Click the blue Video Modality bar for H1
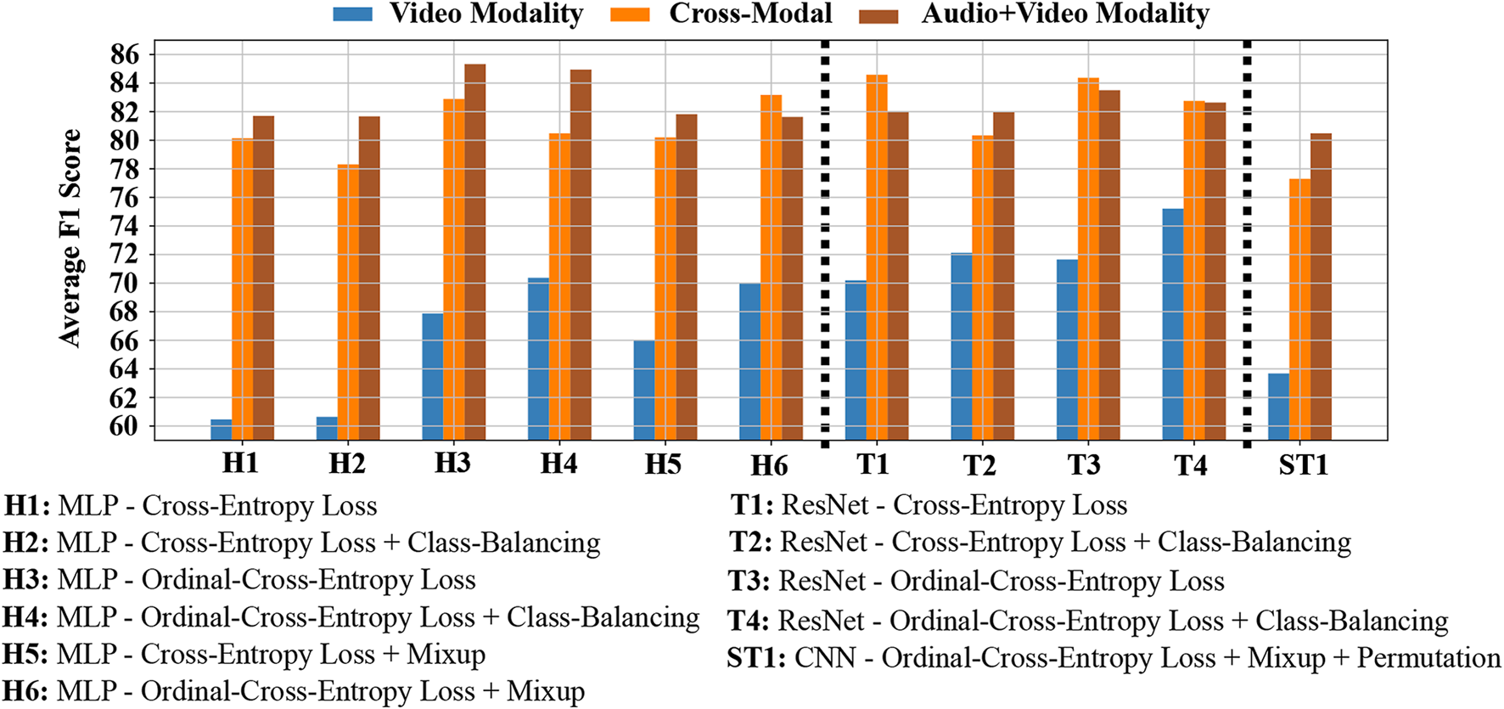(221, 429)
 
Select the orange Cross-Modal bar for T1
(877, 255)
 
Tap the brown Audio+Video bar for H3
(475, 255)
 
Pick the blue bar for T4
(1173, 323)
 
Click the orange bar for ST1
(1299, 310)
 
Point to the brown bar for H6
(792, 280)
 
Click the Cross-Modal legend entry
(750, 14)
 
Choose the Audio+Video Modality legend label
(1065, 14)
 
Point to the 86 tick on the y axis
(124, 55)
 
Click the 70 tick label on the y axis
(124, 284)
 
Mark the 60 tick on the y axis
(124, 426)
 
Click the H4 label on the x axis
(558, 464)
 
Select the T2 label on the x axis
(979, 465)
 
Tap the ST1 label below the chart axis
(1303, 465)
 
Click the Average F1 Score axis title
(70, 238)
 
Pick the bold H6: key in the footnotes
(25, 692)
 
